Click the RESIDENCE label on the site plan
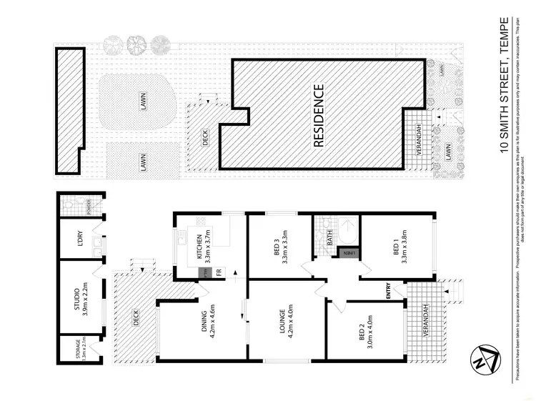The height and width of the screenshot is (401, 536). tap(319, 117)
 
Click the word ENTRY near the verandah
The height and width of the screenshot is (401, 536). tap(389, 293)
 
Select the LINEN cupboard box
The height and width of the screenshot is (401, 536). tap(349, 252)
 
